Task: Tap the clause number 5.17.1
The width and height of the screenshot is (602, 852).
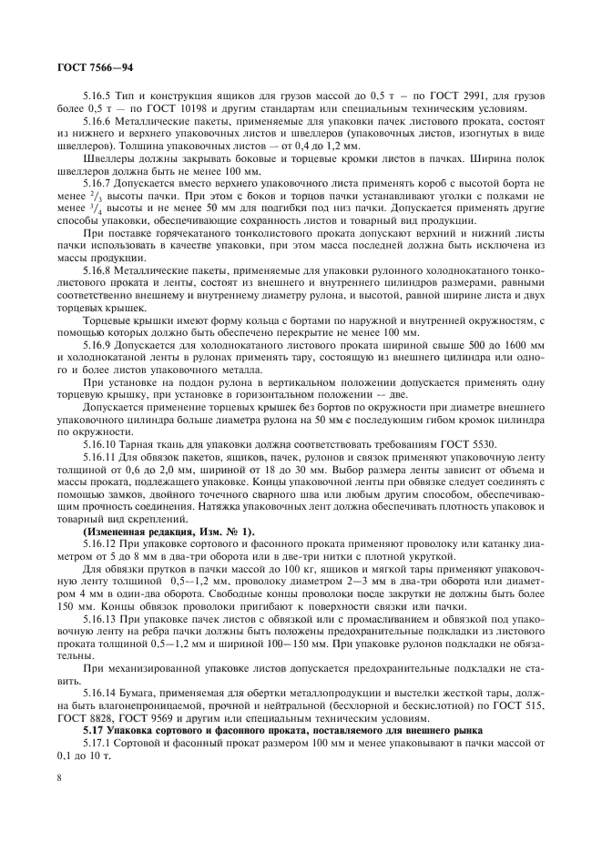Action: [98, 744]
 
